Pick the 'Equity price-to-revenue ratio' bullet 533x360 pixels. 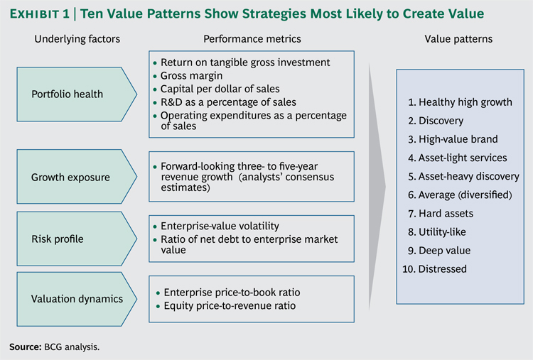(229, 306)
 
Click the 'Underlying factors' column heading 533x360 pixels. (77, 39)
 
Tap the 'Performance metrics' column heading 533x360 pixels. (252, 39)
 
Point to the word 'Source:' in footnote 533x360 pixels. (23, 347)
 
